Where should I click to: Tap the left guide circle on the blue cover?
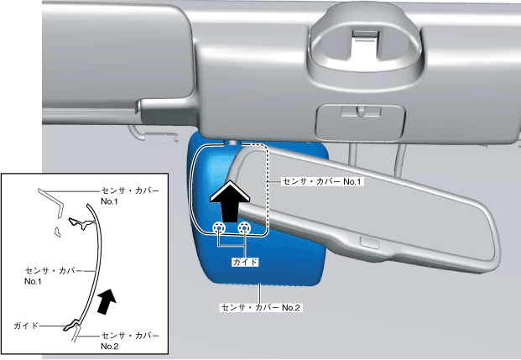219,228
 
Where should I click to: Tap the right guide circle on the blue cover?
244,228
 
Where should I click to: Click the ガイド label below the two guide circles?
244,262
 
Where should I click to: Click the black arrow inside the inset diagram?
106,300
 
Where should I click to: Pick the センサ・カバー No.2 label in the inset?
129,340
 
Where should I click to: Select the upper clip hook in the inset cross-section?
81,222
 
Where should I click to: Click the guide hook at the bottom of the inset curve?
74,325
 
